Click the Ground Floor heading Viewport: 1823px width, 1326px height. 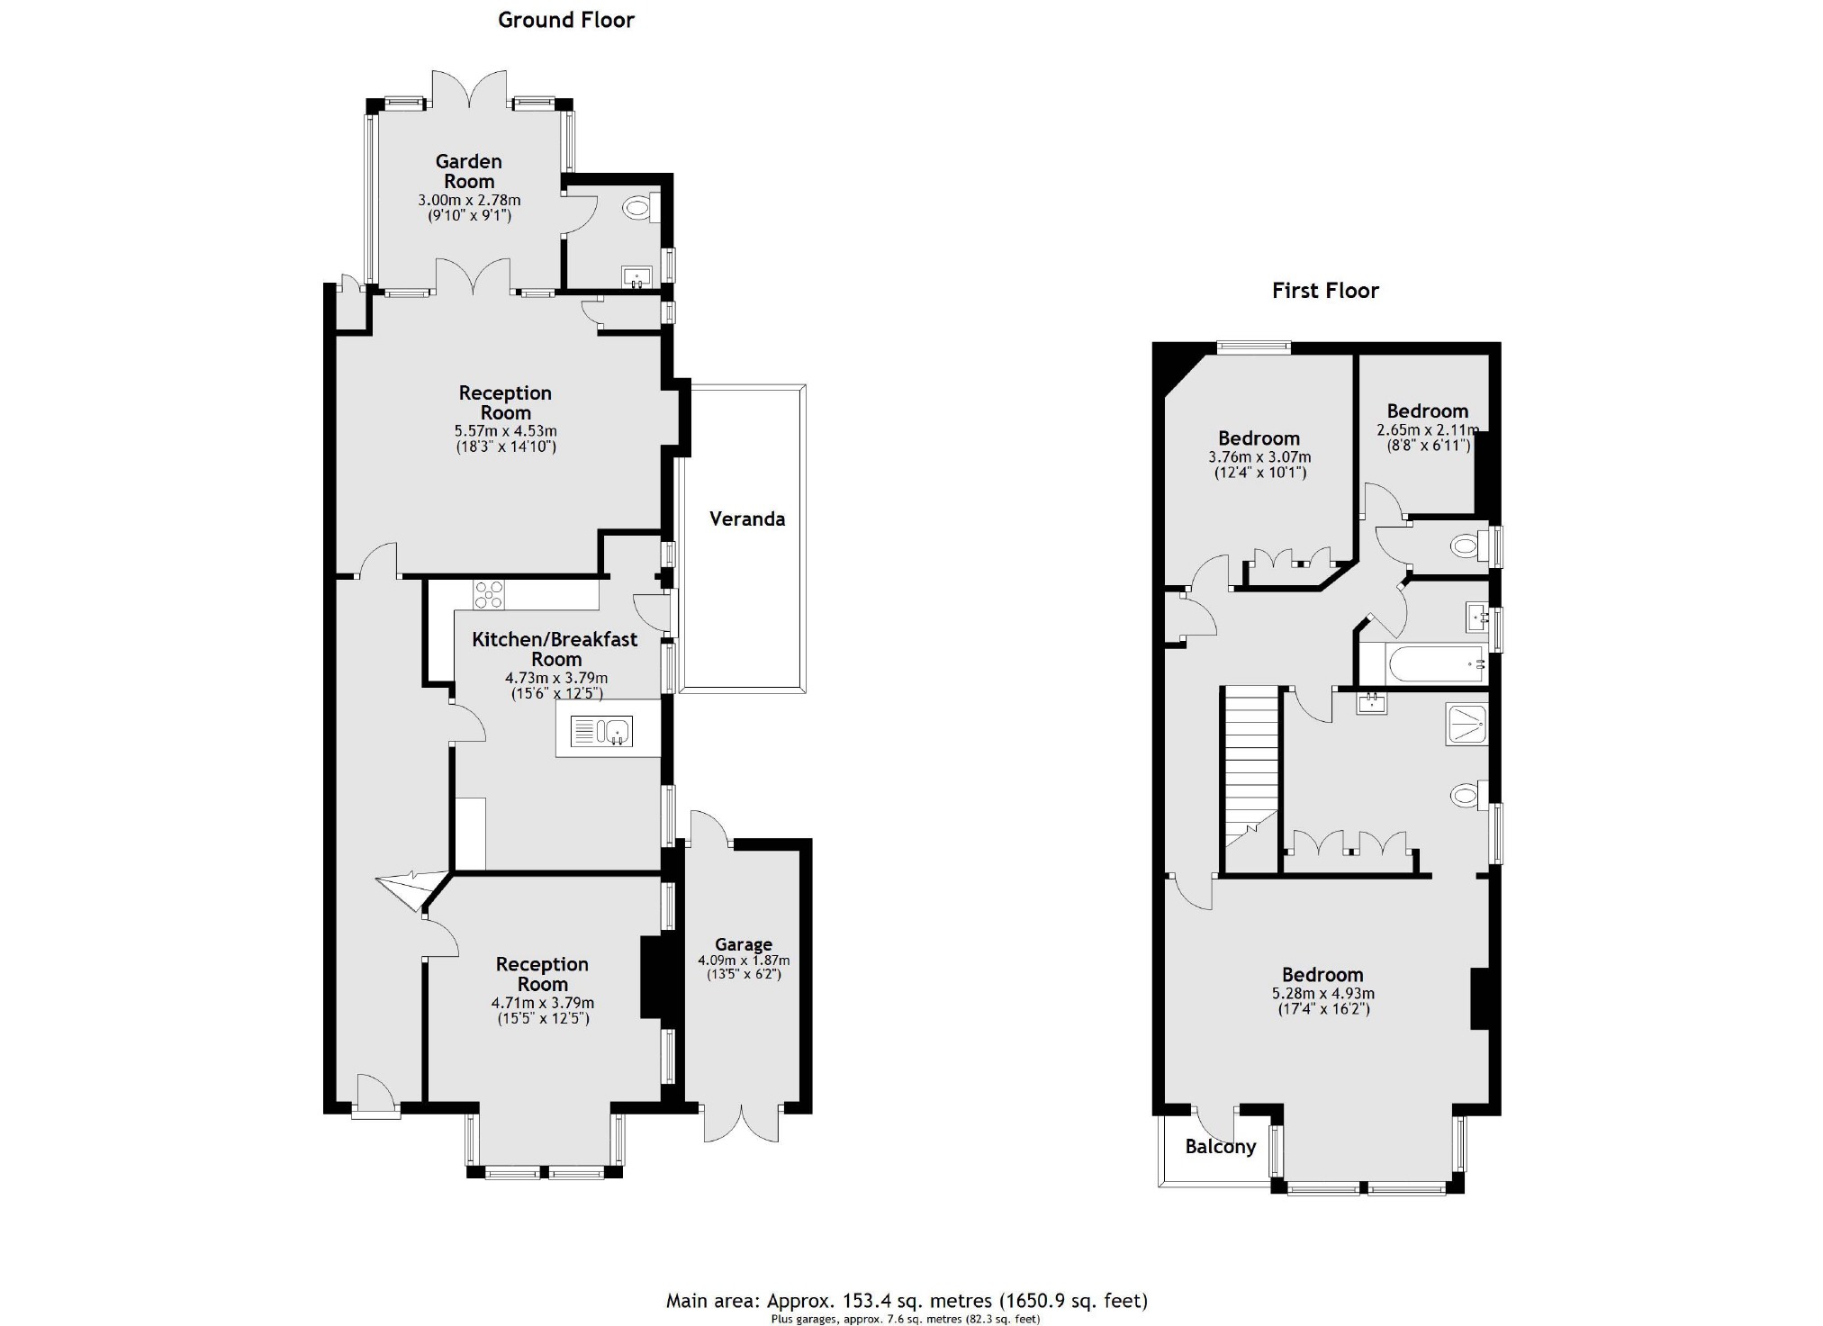tap(565, 20)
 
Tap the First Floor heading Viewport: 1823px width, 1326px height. tap(1324, 291)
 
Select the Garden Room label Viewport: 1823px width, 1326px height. tap(468, 171)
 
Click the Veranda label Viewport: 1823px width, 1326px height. tap(746, 519)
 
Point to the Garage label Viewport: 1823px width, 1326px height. tap(744, 944)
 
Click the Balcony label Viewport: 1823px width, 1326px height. tap(1220, 1147)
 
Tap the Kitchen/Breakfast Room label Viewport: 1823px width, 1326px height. tap(555, 649)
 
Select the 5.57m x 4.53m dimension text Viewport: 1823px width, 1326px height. tap(505, 431)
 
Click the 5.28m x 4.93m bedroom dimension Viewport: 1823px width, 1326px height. tap(1322, 994)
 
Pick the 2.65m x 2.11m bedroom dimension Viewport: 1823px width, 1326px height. tap(1428, 430)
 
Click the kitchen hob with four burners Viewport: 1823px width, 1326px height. tap(489, 595)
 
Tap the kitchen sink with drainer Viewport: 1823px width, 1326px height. tap(601, 731)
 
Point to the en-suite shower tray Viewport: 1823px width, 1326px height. tap(1466, 725)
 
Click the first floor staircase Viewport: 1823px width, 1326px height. tap(1250, 774)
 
